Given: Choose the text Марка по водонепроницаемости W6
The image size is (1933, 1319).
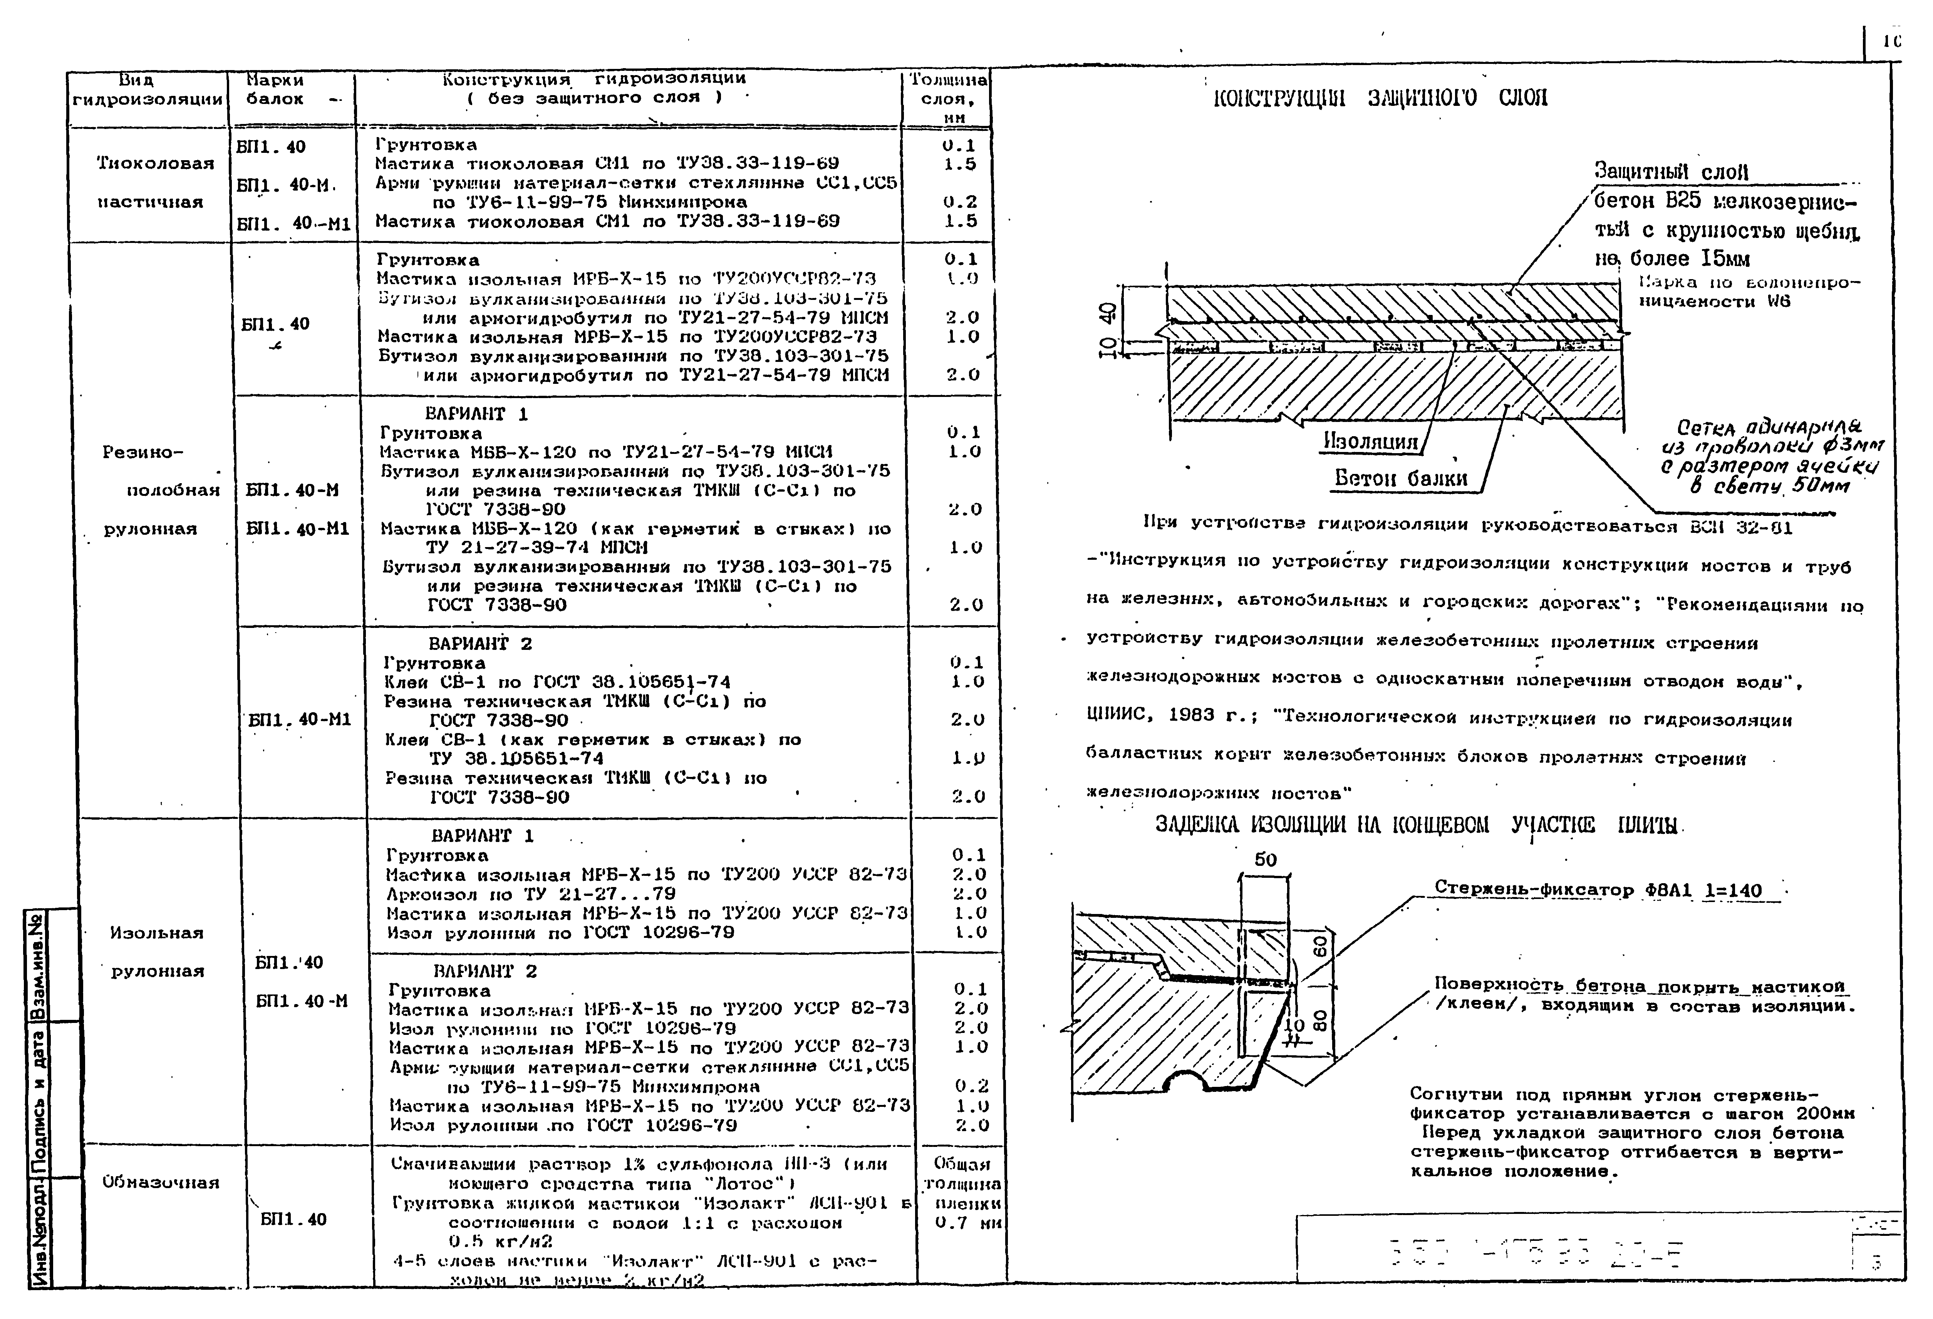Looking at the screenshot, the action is (x=1747, y=292).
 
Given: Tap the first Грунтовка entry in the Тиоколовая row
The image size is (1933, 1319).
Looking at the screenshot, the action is (x=426, y=145).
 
